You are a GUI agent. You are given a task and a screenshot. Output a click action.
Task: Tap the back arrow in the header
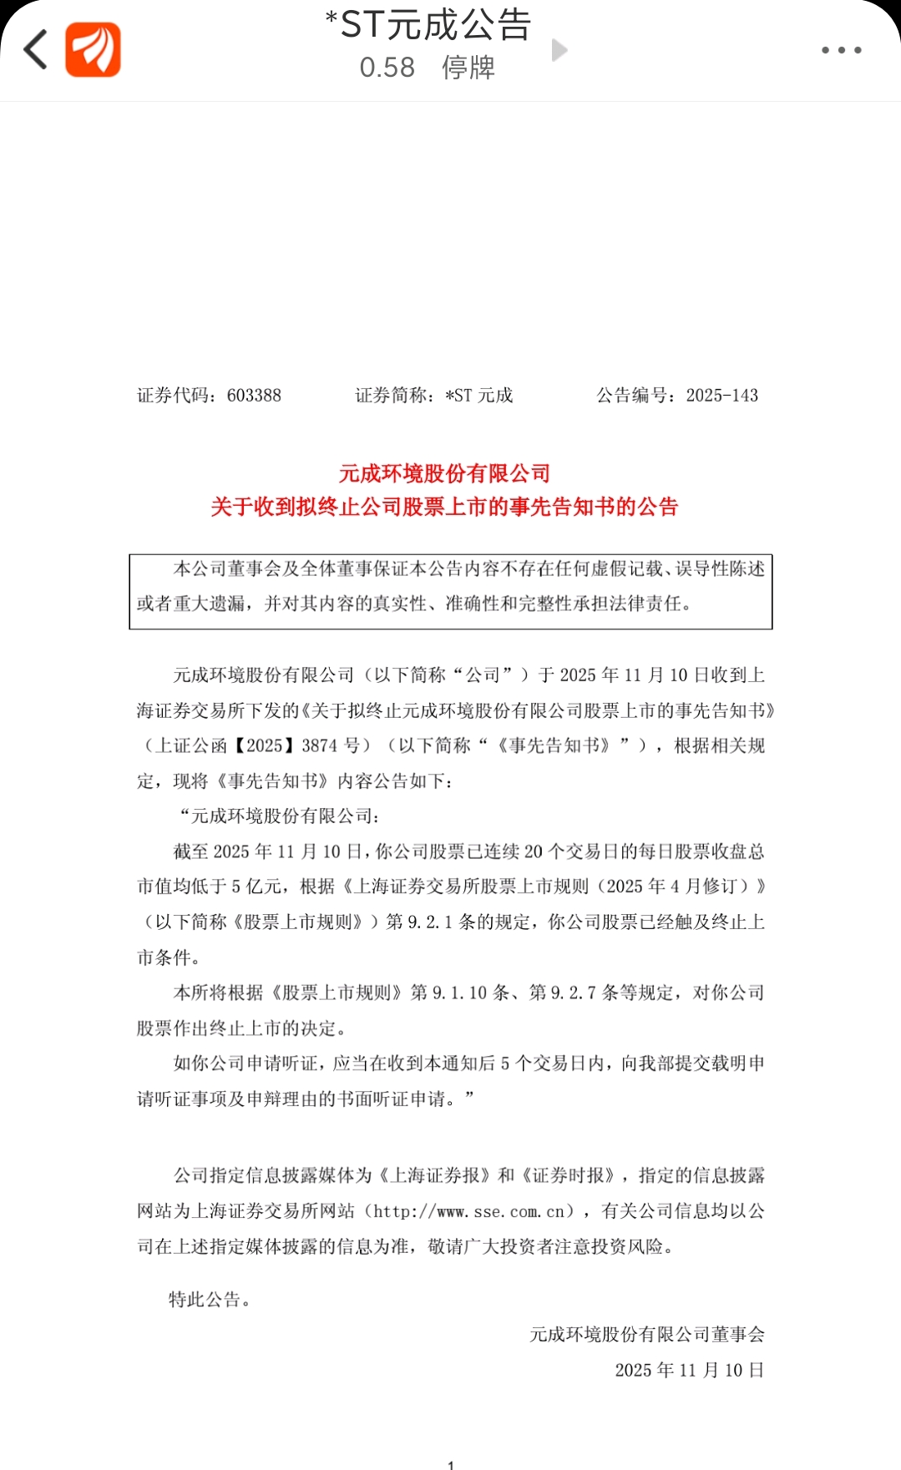point(36,49)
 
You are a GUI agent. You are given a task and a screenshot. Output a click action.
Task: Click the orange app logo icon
point(93,50)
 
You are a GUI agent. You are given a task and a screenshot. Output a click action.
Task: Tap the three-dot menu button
point(841,50)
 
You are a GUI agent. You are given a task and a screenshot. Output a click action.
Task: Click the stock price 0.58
point(387,68)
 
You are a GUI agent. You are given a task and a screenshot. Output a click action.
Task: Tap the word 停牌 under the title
point(468,68)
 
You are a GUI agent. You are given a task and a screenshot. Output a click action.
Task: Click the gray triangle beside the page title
point(559,50)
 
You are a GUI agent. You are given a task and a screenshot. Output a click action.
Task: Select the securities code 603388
point(254,396)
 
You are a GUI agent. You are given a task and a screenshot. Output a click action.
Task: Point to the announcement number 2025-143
point(721,396)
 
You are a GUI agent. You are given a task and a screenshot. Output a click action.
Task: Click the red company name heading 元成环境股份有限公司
point(444,474)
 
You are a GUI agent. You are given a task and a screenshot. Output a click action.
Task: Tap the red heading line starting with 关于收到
point(444,507)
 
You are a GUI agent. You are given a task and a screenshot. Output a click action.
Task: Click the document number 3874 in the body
point(319,745)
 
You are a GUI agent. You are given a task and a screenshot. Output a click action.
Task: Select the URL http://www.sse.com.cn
point(473,1211)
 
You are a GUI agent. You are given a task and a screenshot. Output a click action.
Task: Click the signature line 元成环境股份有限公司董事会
point(646,1335)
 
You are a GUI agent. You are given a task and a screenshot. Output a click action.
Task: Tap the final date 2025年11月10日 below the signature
point(689,1371)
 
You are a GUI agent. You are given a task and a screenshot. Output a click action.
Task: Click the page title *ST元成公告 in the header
point(428,25)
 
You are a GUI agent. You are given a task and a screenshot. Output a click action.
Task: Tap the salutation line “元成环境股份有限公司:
point(280,816)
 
